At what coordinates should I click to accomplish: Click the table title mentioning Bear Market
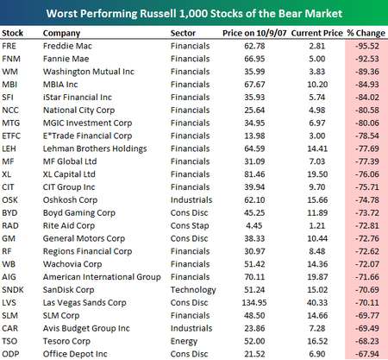[x=194, y=14]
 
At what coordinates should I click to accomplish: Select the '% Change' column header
[x=366, y=33]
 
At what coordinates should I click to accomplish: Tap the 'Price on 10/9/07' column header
[x=254, y=33]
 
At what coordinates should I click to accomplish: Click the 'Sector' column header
[x=183, y=33]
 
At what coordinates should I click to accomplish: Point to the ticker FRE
[x=9, y=46]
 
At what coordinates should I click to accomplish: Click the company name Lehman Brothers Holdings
[x=95, y=148]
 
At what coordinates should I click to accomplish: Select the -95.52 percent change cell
[x=367, y=46]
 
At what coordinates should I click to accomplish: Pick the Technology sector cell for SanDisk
[x=193, y=290]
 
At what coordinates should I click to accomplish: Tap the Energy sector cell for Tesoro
[x=184, y=342]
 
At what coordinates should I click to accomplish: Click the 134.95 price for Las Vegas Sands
[x=254, y=303]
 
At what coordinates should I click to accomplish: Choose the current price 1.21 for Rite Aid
[x=317, y=225]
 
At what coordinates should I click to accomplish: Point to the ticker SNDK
[x=13, y=290]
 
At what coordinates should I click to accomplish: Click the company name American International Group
[x=102, y=277]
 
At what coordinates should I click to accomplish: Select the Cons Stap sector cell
[x=190, y=226]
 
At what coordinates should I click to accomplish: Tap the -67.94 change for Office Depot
[x=367, y=354]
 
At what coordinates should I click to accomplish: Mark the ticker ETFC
[x=11, y=136]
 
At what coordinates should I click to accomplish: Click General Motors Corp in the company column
[x=84, y=239]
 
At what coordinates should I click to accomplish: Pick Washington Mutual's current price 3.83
[x=317, y=72]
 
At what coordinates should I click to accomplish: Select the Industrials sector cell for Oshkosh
[x=191, y=200]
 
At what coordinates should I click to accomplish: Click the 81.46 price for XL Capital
[x=254, y=174]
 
